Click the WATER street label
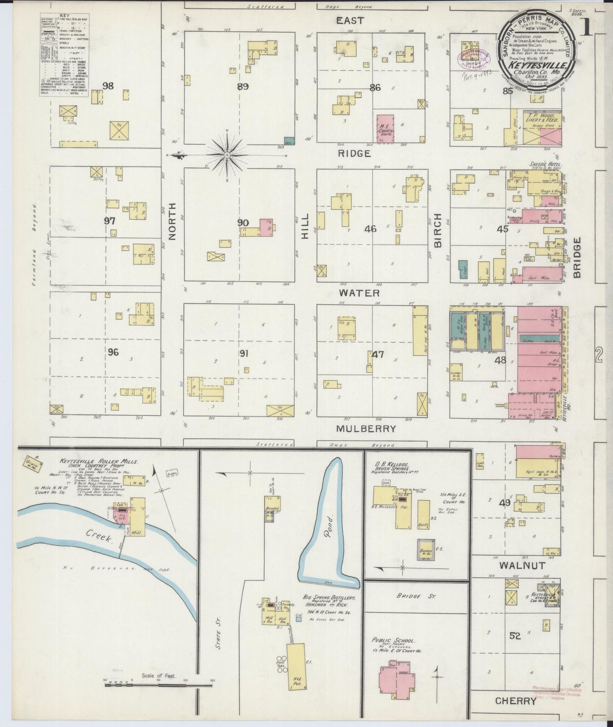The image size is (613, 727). [359, 293]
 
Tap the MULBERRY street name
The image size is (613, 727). [366, 429]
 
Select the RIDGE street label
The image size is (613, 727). [355, 154]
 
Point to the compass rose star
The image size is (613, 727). [227, 155]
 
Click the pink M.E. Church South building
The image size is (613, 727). [386, 128]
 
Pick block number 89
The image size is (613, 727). [243, 87]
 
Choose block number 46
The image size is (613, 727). [370, 229]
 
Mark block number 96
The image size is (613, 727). [113, 352]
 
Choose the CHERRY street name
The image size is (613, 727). [516, 701]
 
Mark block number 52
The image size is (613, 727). [515, 636]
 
